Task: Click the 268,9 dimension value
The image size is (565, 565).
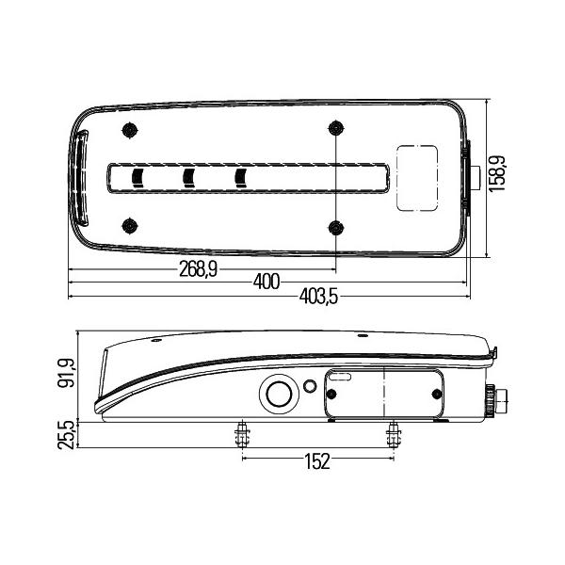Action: click(198, 268)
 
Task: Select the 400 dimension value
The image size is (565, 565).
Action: click(266, 282)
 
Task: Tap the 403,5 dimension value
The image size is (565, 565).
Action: click(318, 297)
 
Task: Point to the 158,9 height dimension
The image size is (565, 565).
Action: click(497, 173)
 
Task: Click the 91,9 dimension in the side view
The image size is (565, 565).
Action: click(66, 373)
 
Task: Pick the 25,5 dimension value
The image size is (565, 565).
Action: click(66, 435)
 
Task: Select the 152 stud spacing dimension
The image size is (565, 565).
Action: click(317, 461)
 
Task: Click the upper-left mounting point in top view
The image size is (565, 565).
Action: click(130, 130)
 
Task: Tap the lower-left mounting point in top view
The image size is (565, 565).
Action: click(130, 226)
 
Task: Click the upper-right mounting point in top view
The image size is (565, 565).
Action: click(336, 128)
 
